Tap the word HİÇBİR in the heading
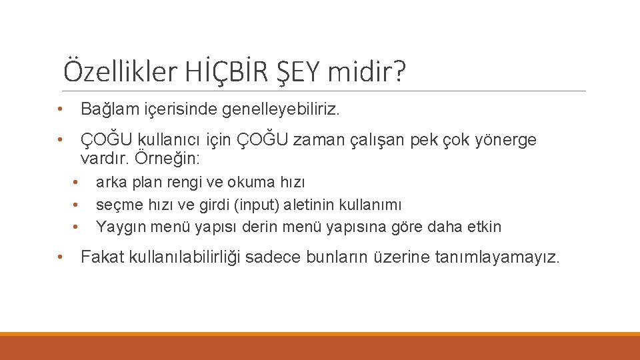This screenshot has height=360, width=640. coord(215,71)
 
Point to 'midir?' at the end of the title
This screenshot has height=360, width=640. coord(365,71)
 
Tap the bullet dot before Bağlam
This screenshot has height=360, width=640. coord(60,109)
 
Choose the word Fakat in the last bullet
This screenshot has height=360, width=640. coord(101,257)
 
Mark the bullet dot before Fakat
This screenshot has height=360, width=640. coord(60,257)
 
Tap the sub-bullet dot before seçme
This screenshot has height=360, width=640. coord(77,205)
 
